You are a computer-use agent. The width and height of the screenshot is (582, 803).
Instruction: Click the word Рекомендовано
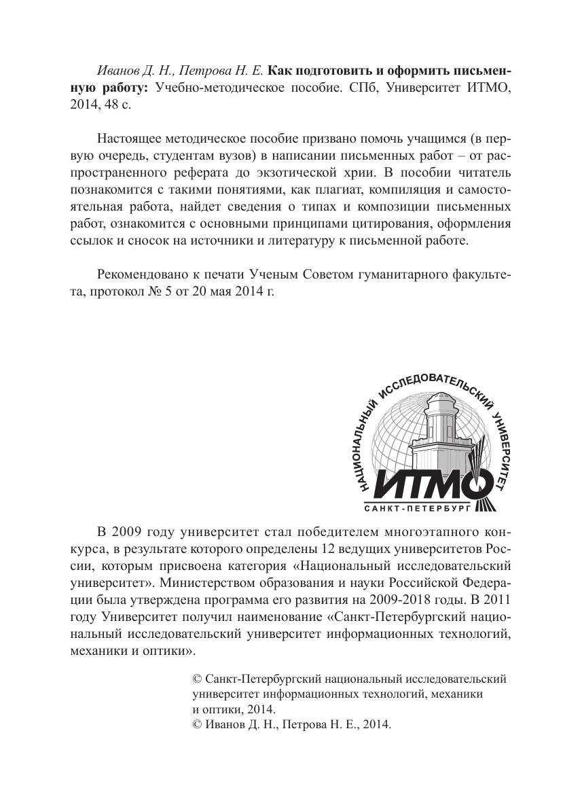(141, 274)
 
